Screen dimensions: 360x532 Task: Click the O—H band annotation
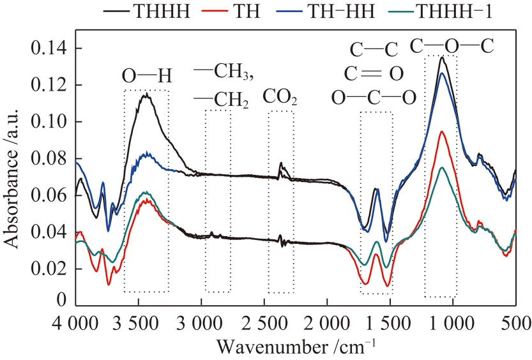tap(147, 76)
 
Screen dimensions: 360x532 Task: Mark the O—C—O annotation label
tap(374, 98)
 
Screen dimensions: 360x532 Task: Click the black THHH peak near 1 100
tap(442, 58)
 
